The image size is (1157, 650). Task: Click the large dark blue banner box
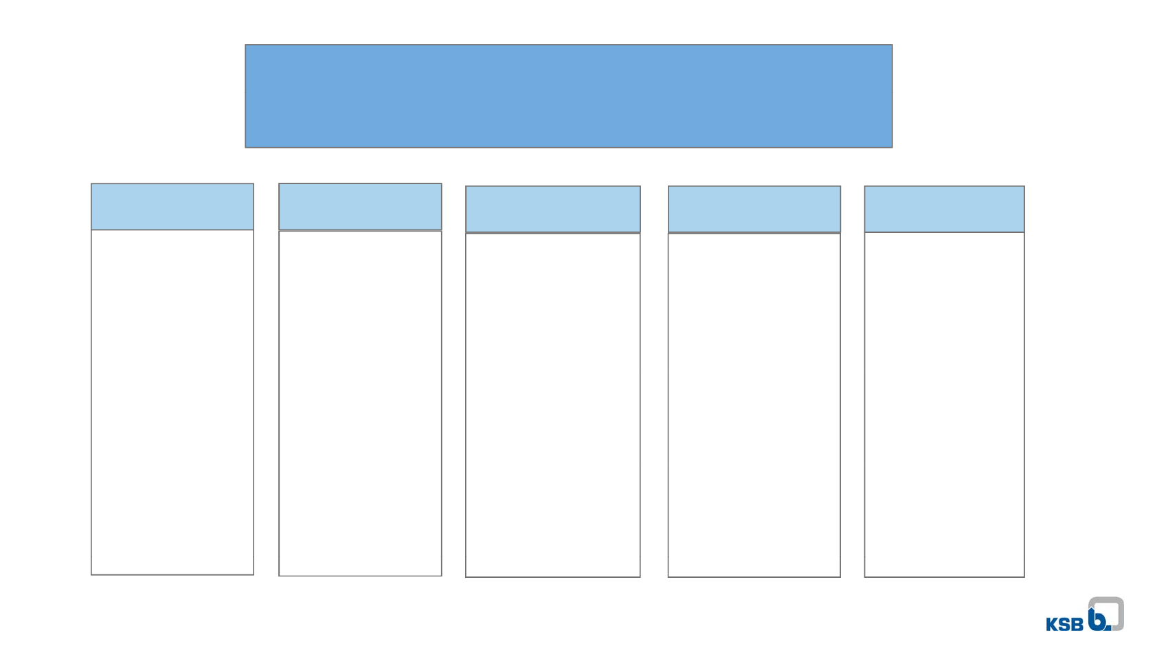coord(568,96)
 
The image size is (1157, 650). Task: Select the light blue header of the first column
coord(172,207)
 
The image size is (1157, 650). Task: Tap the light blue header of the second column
coord(360,207)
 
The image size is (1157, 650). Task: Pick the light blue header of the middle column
coord(553,209)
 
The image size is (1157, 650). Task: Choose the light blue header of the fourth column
coord(754,209)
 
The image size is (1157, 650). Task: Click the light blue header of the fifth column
coord(944,209)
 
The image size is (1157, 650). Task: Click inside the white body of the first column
coord(172,402)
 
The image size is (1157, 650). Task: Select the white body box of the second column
coord(360,403)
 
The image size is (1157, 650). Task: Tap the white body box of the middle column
coord(553,405)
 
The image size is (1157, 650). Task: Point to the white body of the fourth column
coord(754,405)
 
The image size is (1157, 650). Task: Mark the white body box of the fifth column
coord(944,405)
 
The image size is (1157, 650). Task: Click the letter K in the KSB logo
coord(1052,624)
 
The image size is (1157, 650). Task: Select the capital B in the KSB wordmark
coord(1077,624)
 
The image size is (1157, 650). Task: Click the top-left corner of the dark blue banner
coord(246,45)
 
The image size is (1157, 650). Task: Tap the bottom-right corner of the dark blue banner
coord(892,147)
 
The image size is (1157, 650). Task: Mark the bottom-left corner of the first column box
coord(92,574)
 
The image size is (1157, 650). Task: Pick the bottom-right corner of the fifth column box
coord(1024,576)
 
